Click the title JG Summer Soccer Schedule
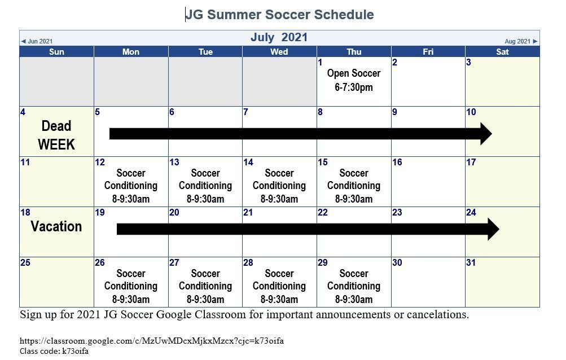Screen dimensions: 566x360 pos(280,15)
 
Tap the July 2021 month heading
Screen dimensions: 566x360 pos(279,38)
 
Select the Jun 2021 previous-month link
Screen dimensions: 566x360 pos(37,41)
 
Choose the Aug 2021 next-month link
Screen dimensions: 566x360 pos(521,41)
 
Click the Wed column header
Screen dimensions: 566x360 pos(279,52)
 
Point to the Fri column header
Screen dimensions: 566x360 pos(428,52)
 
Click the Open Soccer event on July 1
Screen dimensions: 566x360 pos(354,80)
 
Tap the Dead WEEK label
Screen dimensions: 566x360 pos(56,135)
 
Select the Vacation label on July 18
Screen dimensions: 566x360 pos(56,226)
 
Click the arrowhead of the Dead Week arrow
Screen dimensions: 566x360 pos(486,134)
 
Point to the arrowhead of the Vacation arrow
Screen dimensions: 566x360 pos(493,229)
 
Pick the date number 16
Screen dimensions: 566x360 pos(397,162)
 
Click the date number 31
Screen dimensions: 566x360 pos(471,262)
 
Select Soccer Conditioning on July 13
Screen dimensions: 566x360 pos(205,179)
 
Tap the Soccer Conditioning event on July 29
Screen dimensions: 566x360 pos(354,279)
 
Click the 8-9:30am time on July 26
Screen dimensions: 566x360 pos(131,299)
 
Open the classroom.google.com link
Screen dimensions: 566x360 pos(152,340)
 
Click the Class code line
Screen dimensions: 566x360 pos(54,351)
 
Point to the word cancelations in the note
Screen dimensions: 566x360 pos(438,314)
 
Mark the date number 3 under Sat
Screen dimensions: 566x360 pos(468,62)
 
